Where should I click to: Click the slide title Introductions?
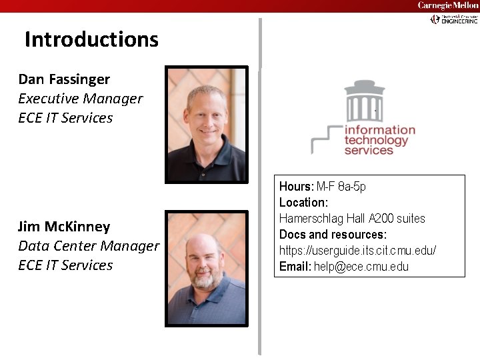tap(91, 39)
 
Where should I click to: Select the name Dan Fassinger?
tap(64, 79)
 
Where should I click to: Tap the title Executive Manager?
tap(80, 99)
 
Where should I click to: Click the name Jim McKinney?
tap(64, 227)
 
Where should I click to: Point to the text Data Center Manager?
tap(89, 246)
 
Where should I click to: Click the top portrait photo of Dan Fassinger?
tap(206, 124)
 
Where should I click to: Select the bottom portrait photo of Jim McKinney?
tap(206, 268)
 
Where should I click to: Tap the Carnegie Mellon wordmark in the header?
tap(447, 5)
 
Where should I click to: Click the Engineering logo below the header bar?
tap(454, 20)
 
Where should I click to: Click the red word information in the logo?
tap(380, 130)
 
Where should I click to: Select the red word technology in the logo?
tap(376, 141)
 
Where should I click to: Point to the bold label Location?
tap(303, 202)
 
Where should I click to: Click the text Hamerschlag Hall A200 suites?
tap(352, 219)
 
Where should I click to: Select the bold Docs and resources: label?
tap(333, 235)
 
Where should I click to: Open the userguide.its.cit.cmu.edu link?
tap(357, 251)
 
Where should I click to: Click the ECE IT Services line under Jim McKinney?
tap(66, 265)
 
